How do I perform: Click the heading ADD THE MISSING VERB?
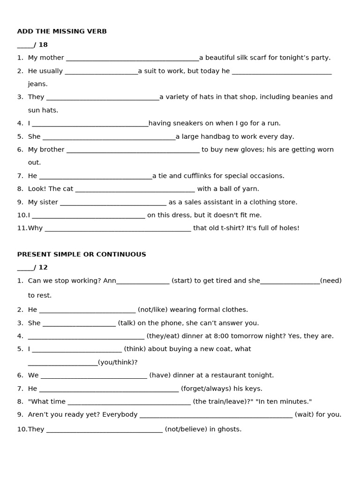[x=62, y=31]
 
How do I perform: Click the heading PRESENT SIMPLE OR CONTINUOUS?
[x=82, y=255]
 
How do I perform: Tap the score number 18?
[x=43, y=45]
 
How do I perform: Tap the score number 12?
[x=43, y=268]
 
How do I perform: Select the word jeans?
[x=37, y=84]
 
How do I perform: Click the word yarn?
[x=250, y=189]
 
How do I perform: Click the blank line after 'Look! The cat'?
[x=135, y=190]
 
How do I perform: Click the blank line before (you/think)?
[x=62, y=364]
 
